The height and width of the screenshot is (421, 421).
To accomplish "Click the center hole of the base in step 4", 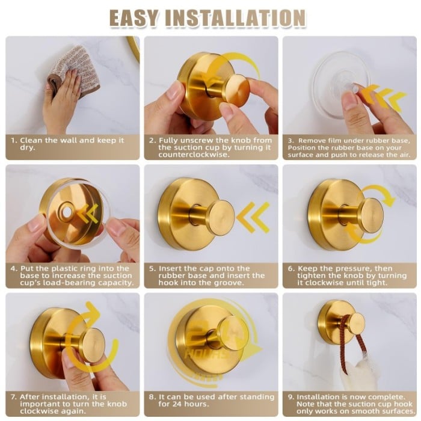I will (x=65, y=213).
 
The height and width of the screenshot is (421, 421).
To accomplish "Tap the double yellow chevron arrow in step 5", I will (x=253, y=217).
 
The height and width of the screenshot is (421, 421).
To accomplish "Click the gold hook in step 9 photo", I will (x=337, y=322).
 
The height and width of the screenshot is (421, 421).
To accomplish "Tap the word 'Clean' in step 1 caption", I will (x=32, y=140).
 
